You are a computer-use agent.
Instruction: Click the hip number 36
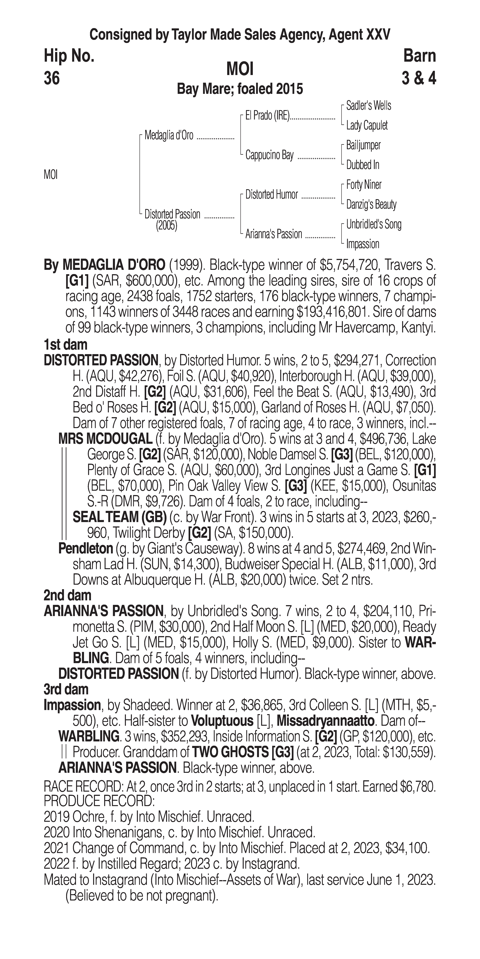(52, 79)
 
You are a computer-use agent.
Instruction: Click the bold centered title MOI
(240, 69)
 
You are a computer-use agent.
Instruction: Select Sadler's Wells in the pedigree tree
(368, 106)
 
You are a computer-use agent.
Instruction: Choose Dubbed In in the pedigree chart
(362, 165)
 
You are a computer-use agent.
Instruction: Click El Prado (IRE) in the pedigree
(267, 116)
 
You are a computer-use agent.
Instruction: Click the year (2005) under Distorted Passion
(166, 226)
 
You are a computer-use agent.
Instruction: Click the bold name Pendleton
(86, 548)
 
